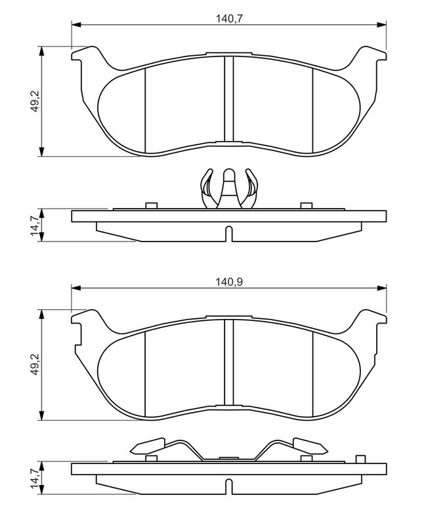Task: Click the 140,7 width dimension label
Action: [x=229, y=19]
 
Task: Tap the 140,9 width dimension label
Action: [x=229, y=282]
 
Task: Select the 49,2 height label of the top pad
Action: [x=35, y=102]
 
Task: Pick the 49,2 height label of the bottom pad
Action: [x=35, y=365]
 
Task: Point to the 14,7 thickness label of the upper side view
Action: [x=35, y=225]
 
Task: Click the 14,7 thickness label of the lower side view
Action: [x=35, y=478]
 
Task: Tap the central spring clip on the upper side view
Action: [x=229, y=189]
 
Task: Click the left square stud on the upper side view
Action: [x=152, y=205]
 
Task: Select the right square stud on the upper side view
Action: [x=307, y=205]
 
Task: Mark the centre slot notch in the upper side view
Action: [x=229, y=234]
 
